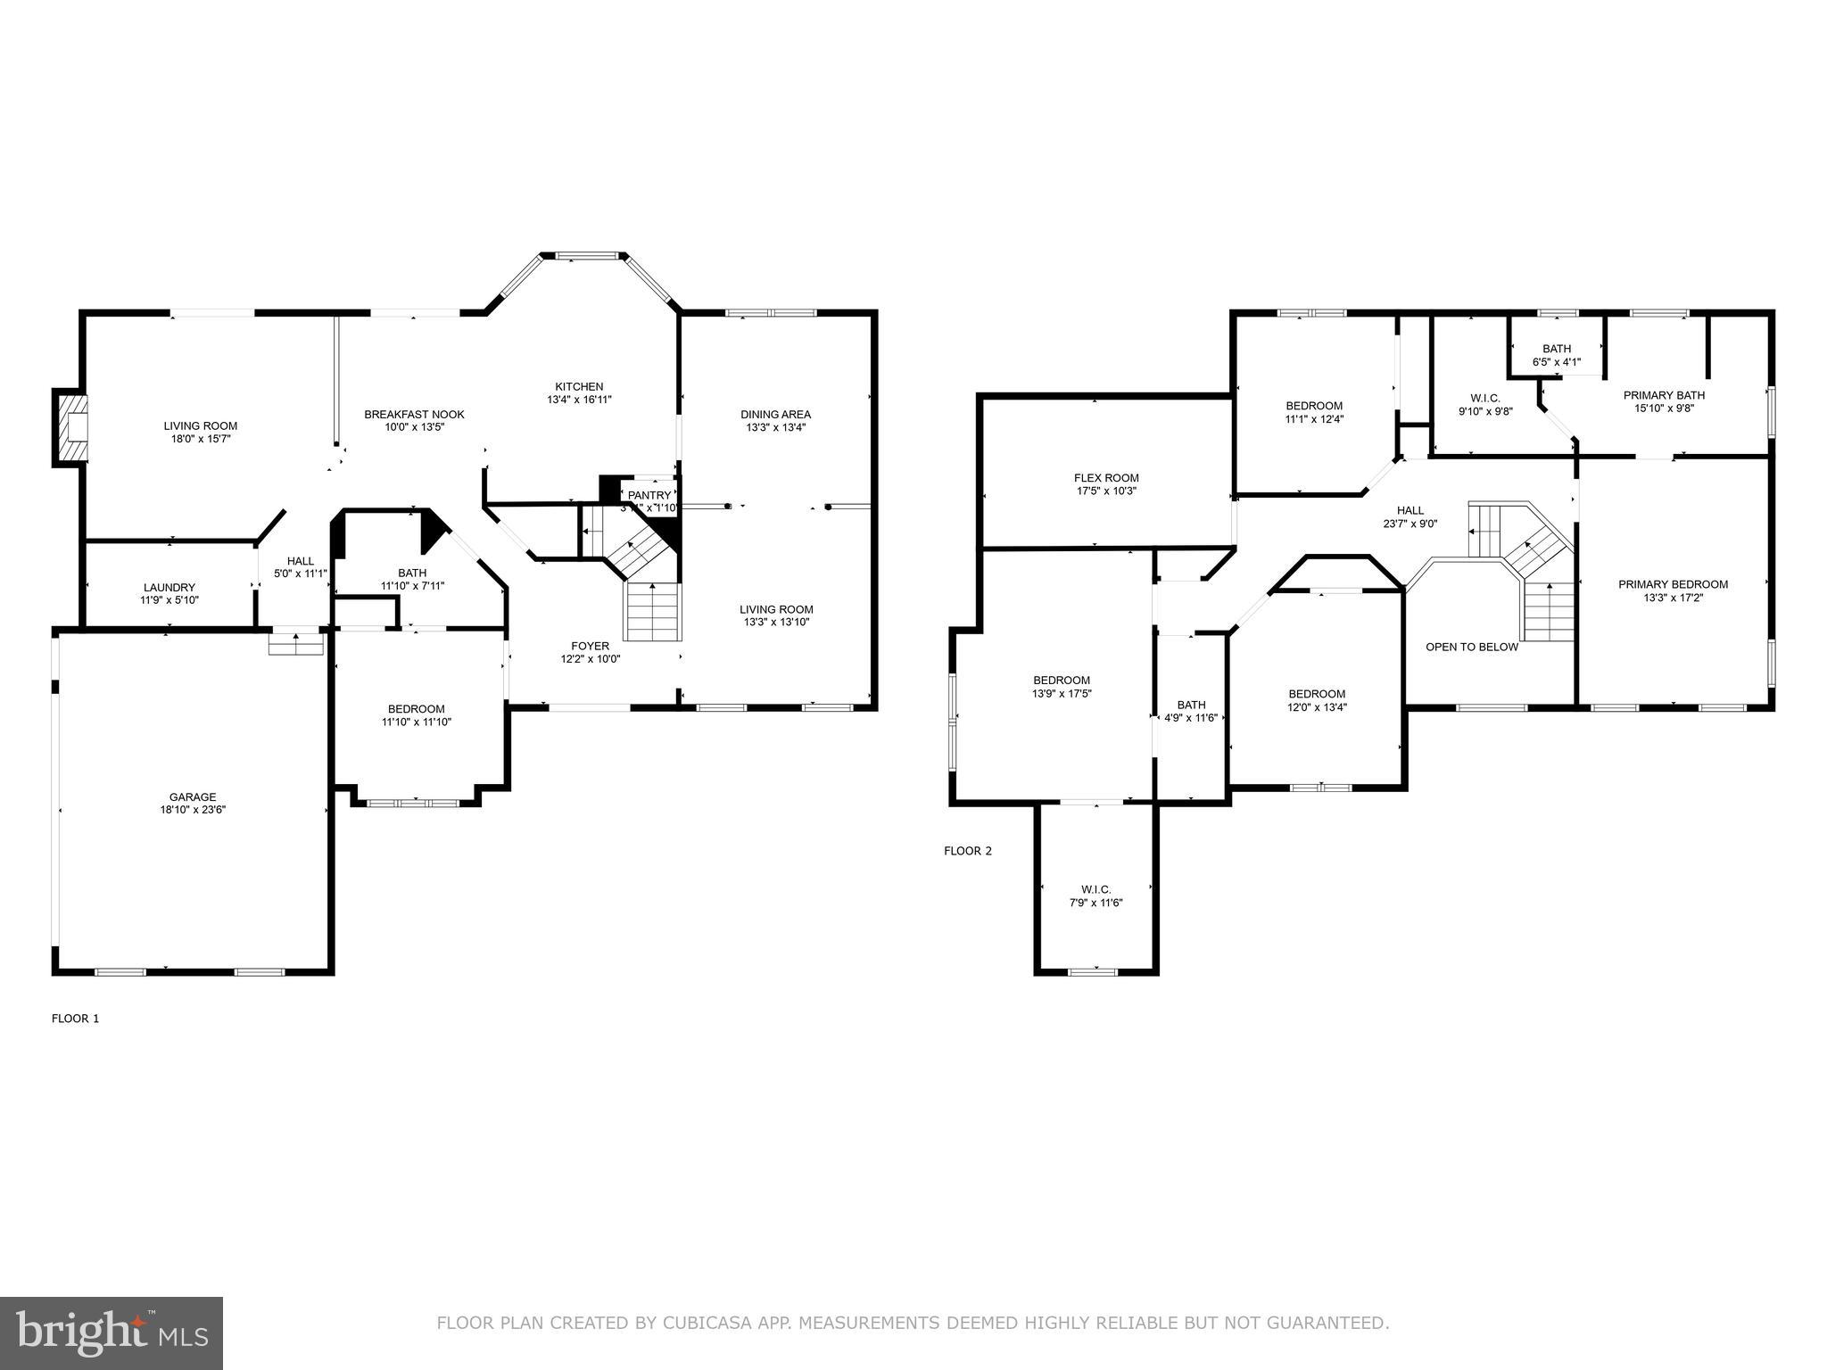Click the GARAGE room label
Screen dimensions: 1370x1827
[193, 797]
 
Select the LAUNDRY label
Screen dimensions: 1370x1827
[169, 588]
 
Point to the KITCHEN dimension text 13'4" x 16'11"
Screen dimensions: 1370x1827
[579, 400]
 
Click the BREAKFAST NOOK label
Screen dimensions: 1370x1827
[414, 415]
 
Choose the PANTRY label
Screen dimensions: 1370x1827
[649, 496]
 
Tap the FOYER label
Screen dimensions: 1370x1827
[590, 647]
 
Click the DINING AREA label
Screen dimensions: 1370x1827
[775, 415]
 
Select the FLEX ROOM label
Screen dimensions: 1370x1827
[1105, 478]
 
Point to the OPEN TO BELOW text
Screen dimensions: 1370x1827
[1471, 648]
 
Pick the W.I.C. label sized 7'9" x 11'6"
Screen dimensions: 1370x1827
[1095, 889]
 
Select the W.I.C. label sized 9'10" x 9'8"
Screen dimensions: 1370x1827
[1485, 398]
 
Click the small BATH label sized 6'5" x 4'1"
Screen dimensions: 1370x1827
[1557, 349]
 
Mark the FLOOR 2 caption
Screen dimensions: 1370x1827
[968, 851]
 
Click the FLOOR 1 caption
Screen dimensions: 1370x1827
[76, 1019]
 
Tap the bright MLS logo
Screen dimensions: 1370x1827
[112, 1333]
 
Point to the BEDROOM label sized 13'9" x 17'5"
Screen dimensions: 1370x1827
[1062, 681]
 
